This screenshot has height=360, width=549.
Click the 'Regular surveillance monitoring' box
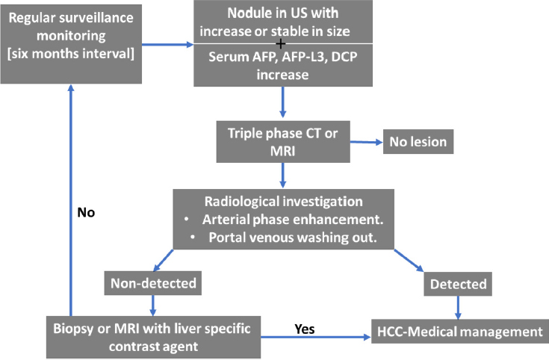71,44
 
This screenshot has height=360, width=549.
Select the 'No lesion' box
418,141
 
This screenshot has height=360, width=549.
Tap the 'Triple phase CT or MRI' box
283,142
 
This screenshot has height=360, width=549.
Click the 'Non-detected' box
153,283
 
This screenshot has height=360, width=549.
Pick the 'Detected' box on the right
458,284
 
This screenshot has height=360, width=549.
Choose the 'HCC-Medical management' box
460,332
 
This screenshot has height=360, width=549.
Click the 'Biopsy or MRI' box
153,338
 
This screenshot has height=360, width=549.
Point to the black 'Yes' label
305,329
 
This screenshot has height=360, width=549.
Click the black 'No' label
86,212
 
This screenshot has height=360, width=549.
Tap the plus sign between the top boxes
280,44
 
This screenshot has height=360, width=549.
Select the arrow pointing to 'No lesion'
366,142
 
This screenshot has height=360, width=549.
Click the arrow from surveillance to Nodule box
168,45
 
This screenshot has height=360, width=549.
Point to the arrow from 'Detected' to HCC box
458,308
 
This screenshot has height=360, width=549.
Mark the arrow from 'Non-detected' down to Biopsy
153,305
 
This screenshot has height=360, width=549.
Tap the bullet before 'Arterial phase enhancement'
186,220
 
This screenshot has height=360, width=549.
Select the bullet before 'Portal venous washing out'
193,237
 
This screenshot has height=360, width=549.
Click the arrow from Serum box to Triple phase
283,102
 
